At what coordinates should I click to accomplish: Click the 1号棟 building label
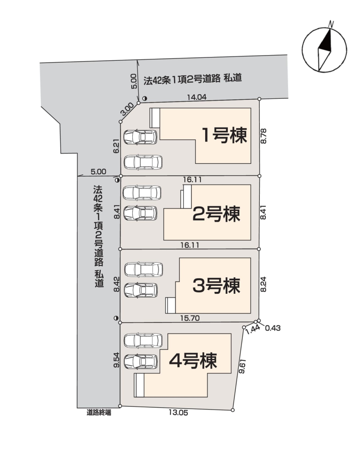pos(224,135)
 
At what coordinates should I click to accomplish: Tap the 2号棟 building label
pos(216,214)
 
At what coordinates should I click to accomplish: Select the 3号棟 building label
pos(216,286)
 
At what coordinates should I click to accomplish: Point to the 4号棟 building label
pos(193,361)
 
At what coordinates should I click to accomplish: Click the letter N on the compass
pos(331,24)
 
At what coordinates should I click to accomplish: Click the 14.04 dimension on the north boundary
pos(197,97)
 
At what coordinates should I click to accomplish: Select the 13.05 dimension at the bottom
pos(178,412)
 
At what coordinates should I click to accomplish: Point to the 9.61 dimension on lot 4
pos(241,366)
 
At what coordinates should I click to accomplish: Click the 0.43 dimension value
pos(272,328)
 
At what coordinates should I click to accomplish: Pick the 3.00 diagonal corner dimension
pos(127,109)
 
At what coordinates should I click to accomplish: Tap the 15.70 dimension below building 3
pos(190,318)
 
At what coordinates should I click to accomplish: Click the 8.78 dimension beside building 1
pos(263,136)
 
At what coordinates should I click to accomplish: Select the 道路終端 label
pos(99,413)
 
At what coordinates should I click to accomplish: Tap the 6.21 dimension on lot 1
pos(116,146)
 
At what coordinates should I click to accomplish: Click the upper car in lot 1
pos(141,137)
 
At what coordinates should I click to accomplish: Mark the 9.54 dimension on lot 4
pos(116,360)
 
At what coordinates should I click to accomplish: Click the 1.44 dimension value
pos(253,329)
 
